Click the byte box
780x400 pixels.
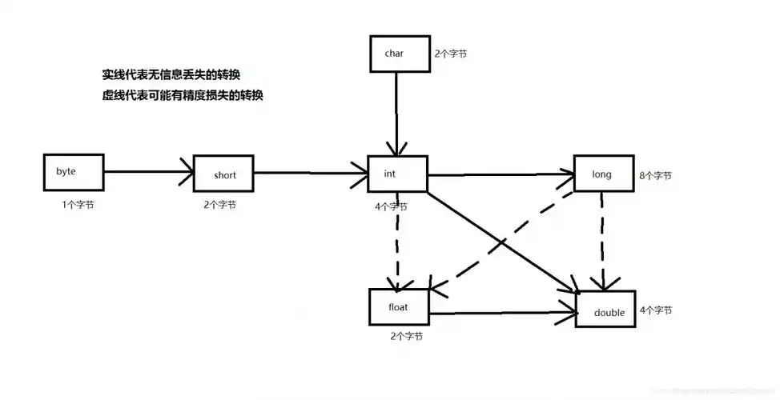(x=74, y=171)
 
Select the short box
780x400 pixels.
(x=224, y=174)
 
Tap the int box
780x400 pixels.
(x=396, y=174)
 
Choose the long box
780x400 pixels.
(x=602, y=174)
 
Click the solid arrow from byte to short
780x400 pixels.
(x=149, y=171)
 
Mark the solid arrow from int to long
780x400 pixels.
(x=500, y=174)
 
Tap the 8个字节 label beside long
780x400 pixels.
(x=656, y=175)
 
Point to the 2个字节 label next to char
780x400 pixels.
(x=452, y=55)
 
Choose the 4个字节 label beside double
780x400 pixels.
(x=656, y=310)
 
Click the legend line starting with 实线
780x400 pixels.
(x=171, y=74)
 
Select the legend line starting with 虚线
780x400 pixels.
(x=182, y=95)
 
